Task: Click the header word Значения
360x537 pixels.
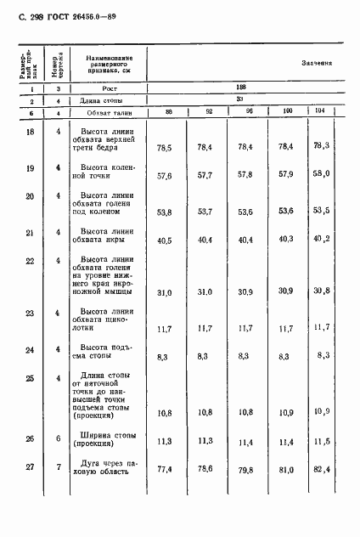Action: pos(317,63)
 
